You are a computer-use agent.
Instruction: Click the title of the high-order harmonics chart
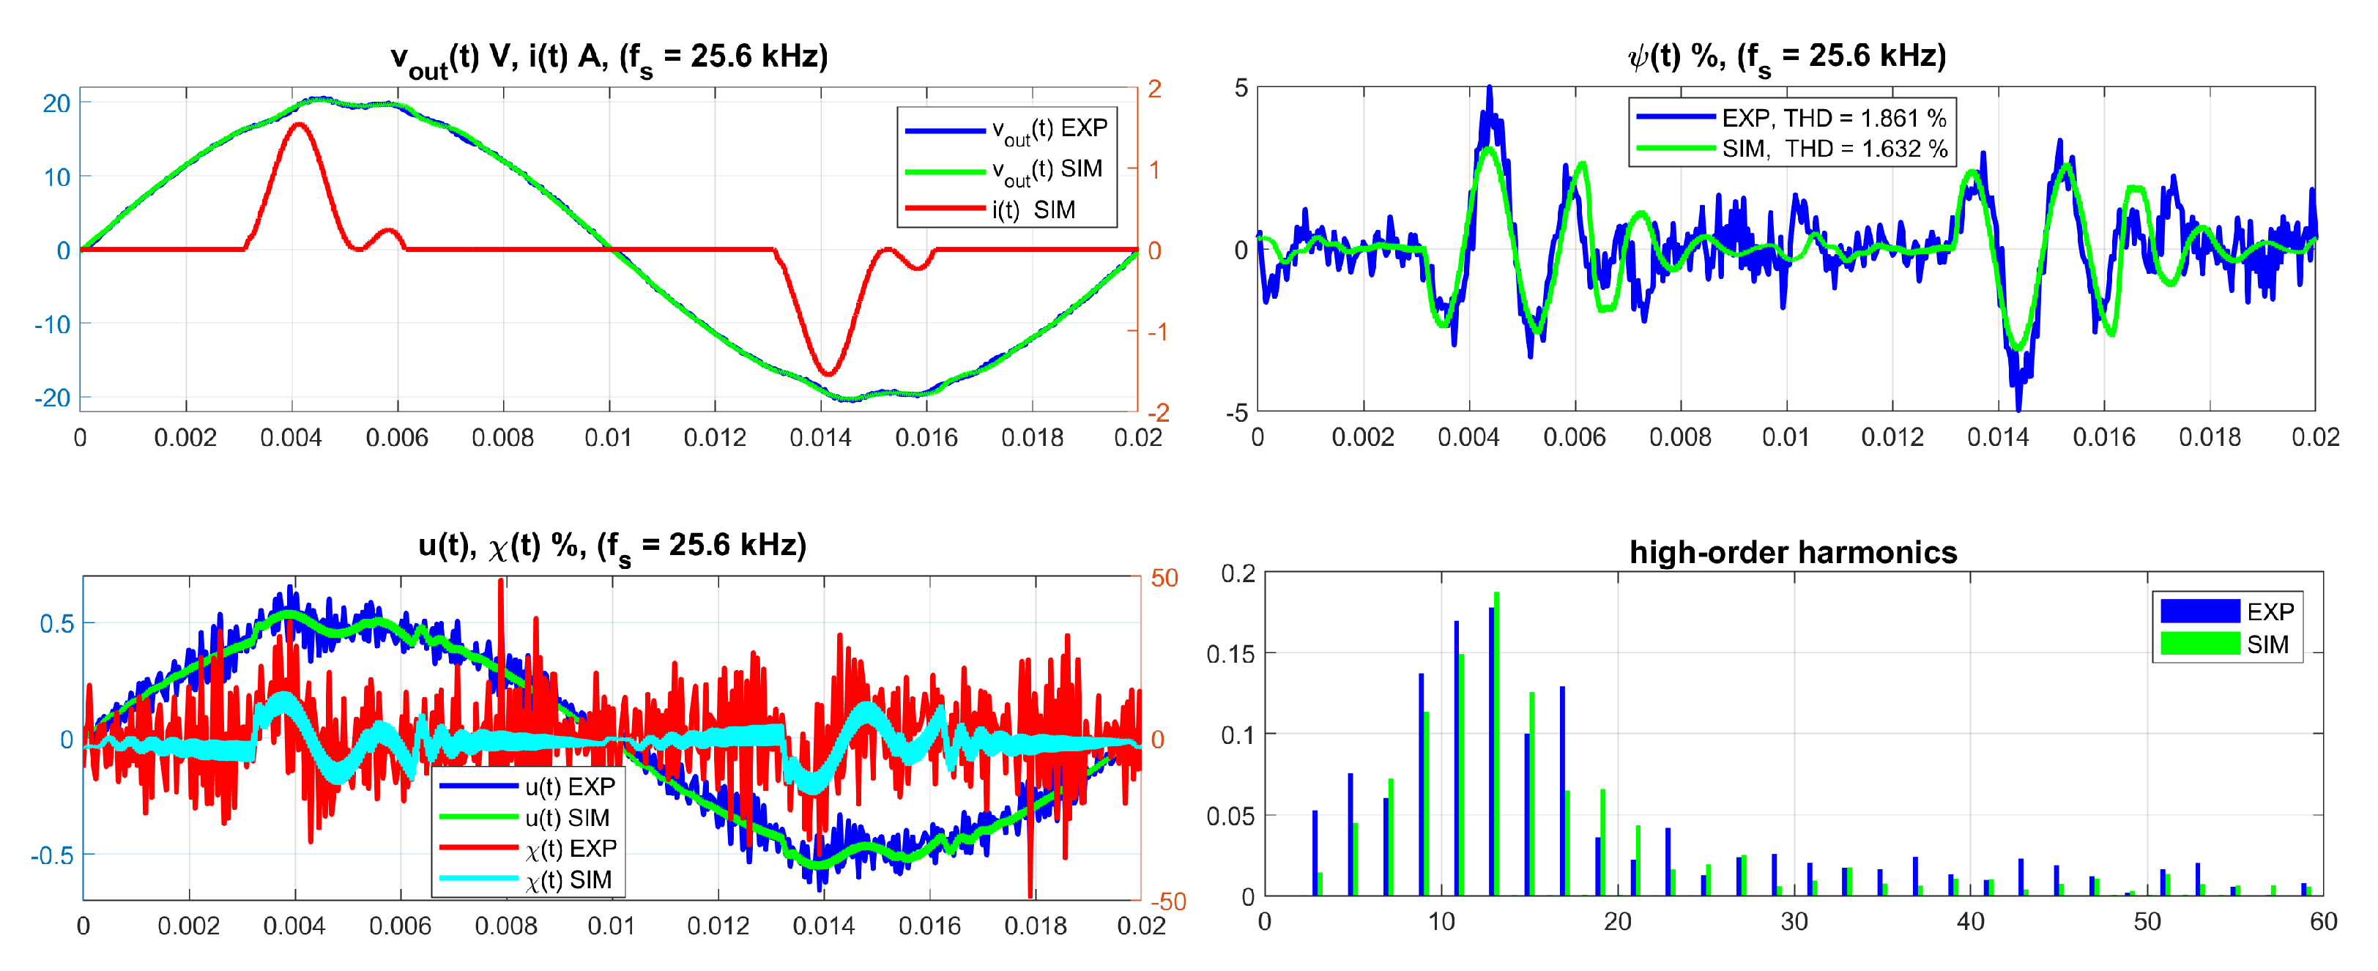[x=1792, y=552]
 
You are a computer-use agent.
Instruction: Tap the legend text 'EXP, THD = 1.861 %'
[x=1833, y=118]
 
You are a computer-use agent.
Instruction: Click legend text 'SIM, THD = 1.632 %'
[x=1833, y=149]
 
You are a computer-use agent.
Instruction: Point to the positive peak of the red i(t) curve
[x=298, y=124]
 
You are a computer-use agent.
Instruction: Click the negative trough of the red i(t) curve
[x=828, y=373]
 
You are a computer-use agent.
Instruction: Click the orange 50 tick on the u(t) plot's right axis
[x=1164, y=578]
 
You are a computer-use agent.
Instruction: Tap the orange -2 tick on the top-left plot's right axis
[x=1158, y=412]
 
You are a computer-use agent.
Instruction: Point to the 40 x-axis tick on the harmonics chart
[x=1970, y=922]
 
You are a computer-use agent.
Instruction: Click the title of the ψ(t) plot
[x=1786, y=57]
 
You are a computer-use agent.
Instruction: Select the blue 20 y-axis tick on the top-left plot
[x=56, y=103]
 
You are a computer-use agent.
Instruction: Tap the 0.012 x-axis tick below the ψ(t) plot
[x=1892, y=436]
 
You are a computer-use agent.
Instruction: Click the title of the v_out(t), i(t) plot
[x=609, y=58]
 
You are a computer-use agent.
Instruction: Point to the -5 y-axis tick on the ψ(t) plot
[x=1237, y=412]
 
